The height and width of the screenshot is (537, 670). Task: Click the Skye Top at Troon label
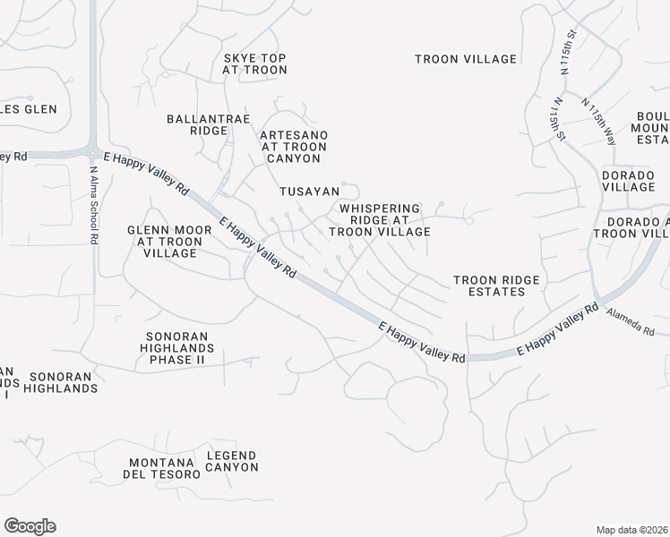coord(254,64)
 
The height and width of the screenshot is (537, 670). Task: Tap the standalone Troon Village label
coord(465,59)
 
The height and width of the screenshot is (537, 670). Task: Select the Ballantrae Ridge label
coord(197,124)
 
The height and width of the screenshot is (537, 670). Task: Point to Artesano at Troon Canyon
coord(293,147)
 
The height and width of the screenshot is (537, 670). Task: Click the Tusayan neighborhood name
coord(309,192)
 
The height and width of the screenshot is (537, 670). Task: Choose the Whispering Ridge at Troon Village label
coord(379,219)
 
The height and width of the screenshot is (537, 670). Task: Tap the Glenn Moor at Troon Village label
coord(169,242)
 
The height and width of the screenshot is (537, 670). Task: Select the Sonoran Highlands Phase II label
coord(179,348)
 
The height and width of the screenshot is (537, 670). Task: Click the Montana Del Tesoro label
coord(162,467)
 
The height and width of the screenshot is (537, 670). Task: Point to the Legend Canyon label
coord(232,461)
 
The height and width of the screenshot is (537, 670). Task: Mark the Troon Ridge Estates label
coord(496,286)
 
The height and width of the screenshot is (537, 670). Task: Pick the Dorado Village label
coord(628,181)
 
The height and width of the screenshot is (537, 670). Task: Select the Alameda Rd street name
coord(631,322)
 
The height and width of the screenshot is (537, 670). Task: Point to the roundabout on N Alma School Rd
coord(92,150)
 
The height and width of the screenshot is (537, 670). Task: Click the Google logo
coord(30,526)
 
